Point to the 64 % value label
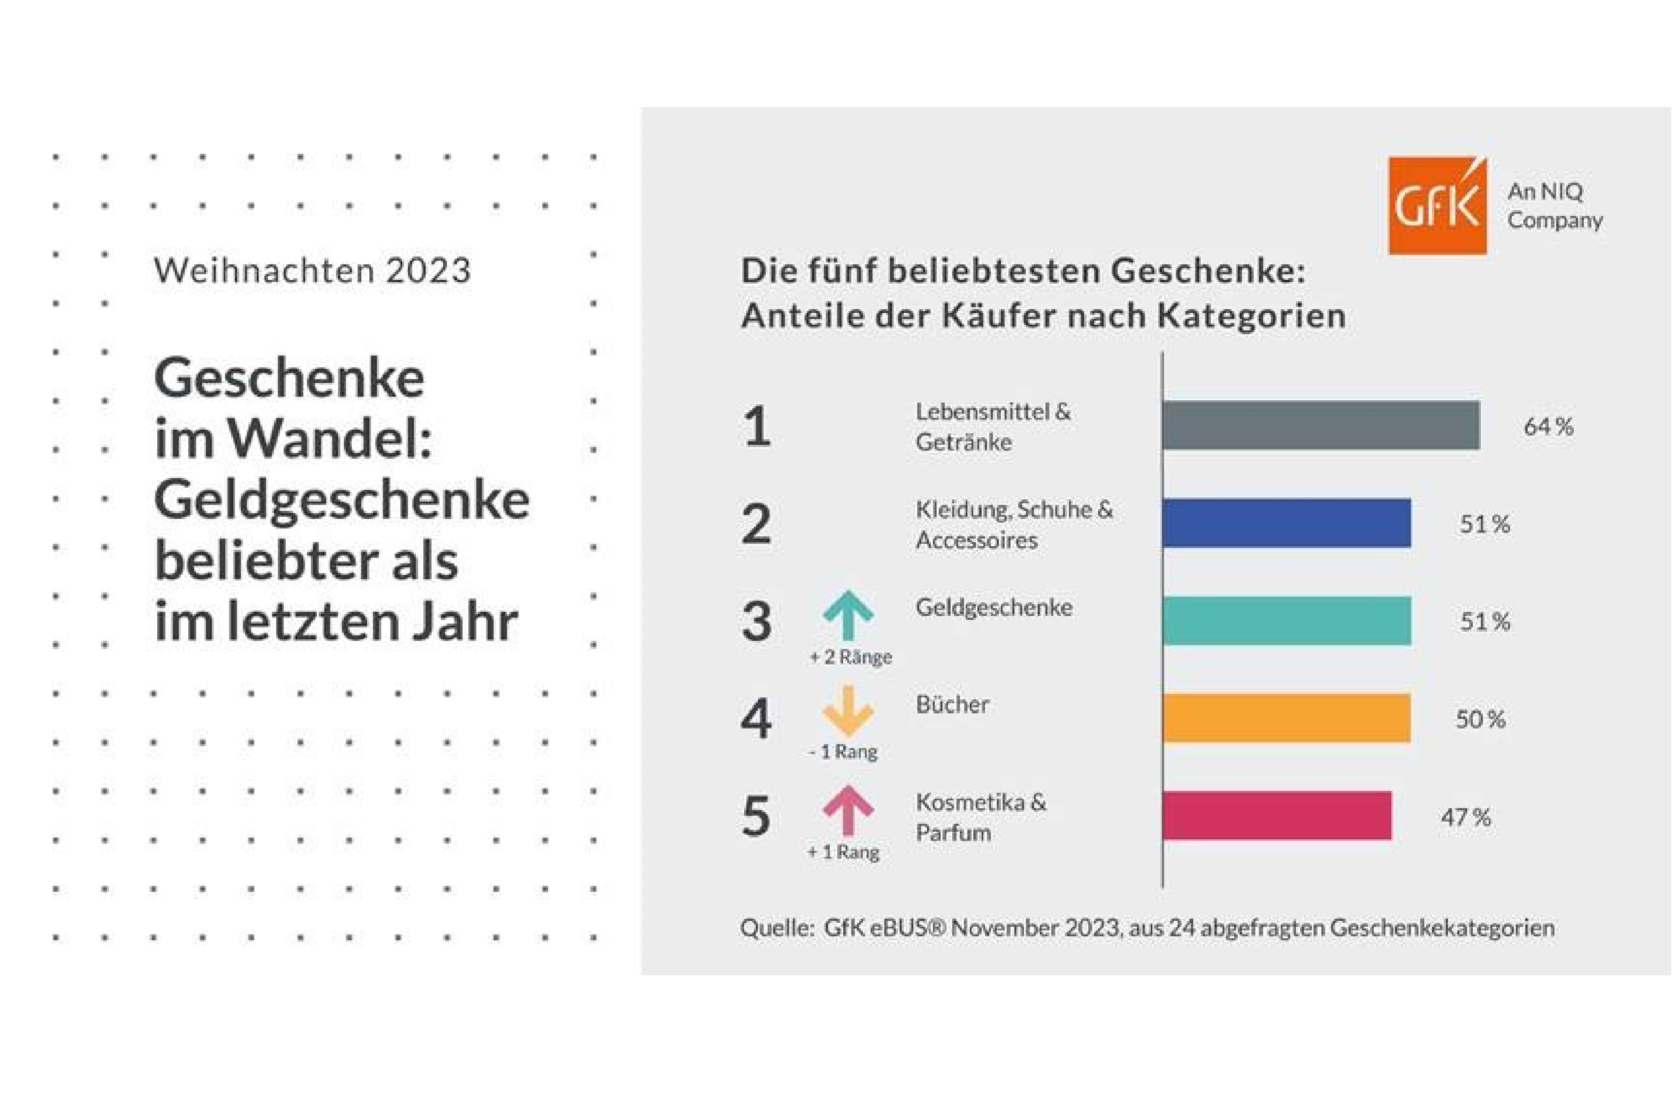click(x=1548, y=427)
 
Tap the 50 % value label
click(x=1481, y=719)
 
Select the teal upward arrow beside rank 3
click(x=848, y=614)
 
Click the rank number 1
click(x=757, y=427)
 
